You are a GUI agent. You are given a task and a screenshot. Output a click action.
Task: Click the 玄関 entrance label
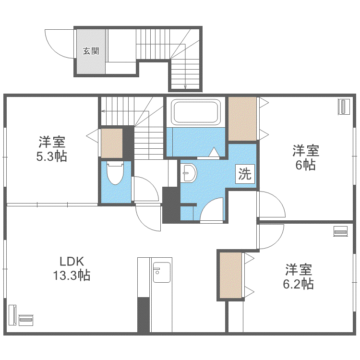pos(91,51)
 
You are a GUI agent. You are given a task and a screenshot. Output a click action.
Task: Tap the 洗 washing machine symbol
pos(245,174)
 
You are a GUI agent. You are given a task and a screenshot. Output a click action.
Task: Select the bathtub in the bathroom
pos(196,112)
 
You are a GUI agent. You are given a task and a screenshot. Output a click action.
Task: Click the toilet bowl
pos(115,173)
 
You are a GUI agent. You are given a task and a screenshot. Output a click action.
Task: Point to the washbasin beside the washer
pos(189,173)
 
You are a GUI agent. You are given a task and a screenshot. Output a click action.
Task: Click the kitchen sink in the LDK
pos(162,272)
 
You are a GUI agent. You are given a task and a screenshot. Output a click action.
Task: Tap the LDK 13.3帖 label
pos(72,268)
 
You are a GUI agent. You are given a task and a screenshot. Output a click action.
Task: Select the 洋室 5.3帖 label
pos(52,149)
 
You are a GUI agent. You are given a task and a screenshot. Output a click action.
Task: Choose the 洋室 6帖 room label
pos(306,157)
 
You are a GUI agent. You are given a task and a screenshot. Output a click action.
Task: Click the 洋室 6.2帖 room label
pos(299,277)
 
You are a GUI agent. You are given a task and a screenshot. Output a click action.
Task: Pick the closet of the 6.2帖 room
pos(231,275)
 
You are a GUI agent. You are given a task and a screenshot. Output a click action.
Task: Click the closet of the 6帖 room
pos(242,119)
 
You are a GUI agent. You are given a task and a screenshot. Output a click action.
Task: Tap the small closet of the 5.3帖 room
pos(111,143)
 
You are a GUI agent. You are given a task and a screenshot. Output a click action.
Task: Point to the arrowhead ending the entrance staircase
pos(185,87)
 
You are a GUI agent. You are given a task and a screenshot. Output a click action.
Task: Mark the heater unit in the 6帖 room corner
pos(344,107)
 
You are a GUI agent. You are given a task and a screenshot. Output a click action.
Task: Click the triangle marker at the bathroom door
pos(214,152)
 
